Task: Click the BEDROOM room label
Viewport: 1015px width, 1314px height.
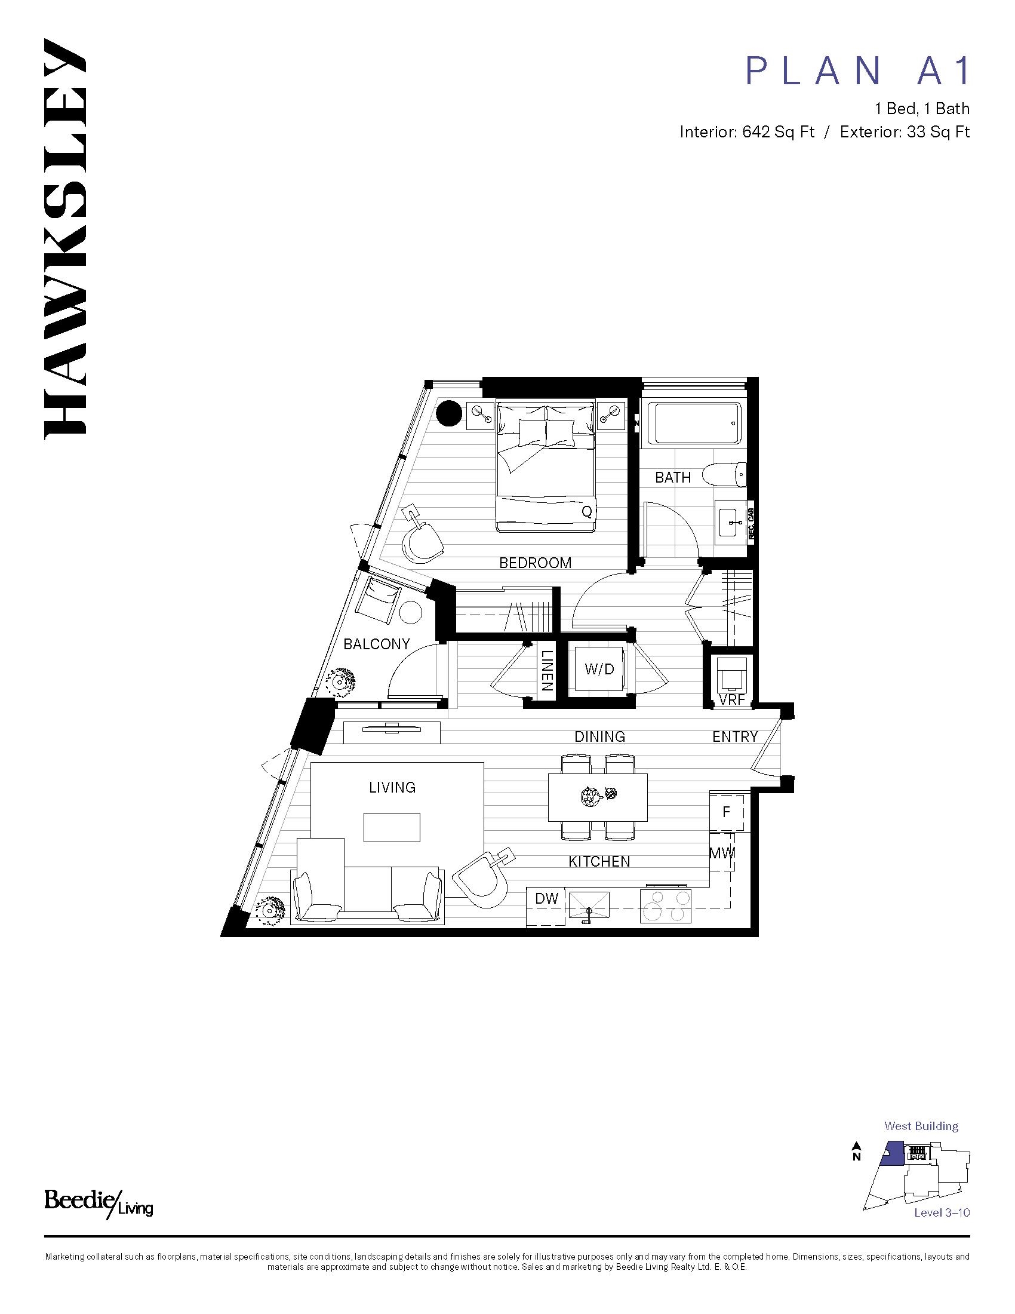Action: [x=535, y=563]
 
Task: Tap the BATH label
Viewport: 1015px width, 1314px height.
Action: [x=673, y=477]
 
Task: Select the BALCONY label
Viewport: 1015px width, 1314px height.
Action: [x=376, y=644]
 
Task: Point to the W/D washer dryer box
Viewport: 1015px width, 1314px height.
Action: [x=599, y=668]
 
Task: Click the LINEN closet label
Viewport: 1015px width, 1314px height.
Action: [x=546, y=670]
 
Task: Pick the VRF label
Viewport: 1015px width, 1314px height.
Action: [x=732, y=700]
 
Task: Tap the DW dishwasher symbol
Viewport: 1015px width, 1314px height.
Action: [x=546, y=898]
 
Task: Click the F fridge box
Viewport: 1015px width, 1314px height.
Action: [x=727, y=812]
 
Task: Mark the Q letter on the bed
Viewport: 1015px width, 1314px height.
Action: [x=587, y=512]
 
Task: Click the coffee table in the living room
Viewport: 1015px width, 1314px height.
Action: [x=392, y=827]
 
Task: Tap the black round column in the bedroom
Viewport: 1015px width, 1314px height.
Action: [x=448, y=413]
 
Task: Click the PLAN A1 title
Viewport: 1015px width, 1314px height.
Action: [x=857, y=70]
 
